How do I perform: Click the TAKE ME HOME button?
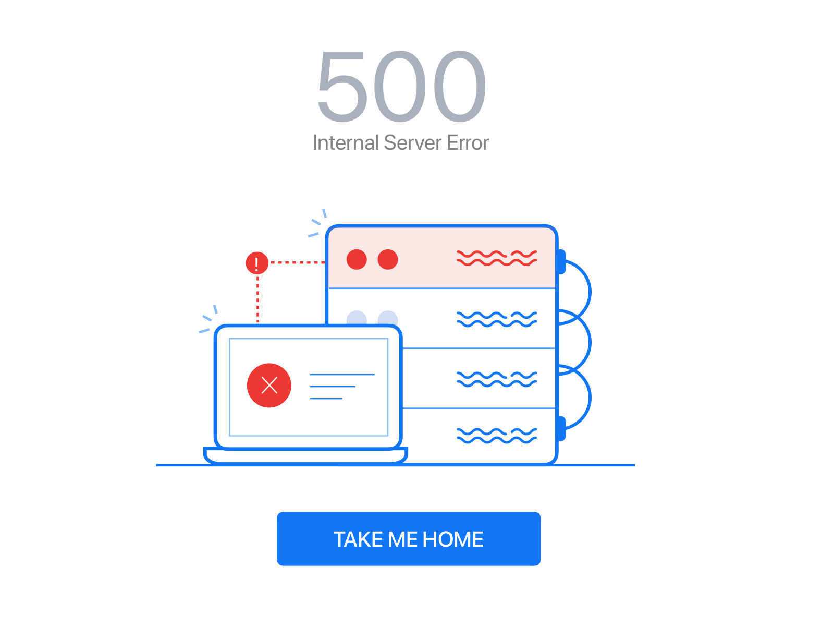pyautogui.click(x=409, y=539)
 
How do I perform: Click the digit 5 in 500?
pyautogui.click(x=342, y=86)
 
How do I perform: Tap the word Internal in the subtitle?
pyautogui.click(x=346, y=142)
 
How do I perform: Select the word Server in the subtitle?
pyautogui.click(x=413, y=142)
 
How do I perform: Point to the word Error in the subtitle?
pyautogui.click(x=468, y=142)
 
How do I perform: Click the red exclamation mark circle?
pyautogui.click(x=257, y=263)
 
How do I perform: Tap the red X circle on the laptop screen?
pyautogui.click(x=269, y=386)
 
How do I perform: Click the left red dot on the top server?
pyautogui.click(x=357, y=260)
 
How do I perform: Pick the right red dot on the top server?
pyautogui.click(x=388, y=260)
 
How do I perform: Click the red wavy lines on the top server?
pyautogui.click(x=497, y=258)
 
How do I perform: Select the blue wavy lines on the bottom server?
pyautogui.click(x=497, y=436)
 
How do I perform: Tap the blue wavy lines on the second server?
pyautogui.click(x=497, y=319)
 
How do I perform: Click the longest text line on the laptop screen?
pyautogui.click(x=342, y=375)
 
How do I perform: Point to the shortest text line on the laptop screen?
pyautogui.click(x=326, y=399)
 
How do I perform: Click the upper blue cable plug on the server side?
pyautogui.click(x=561, y=261)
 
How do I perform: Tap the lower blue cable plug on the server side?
pyautogui.click(x=561, y=429)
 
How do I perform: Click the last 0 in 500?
pyautogui.click(x=460, y=86)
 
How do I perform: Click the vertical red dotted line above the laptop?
pyautogui.click(x=257, y=300)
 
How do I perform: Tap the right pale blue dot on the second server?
pyautogui.click(x=388, y=318)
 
